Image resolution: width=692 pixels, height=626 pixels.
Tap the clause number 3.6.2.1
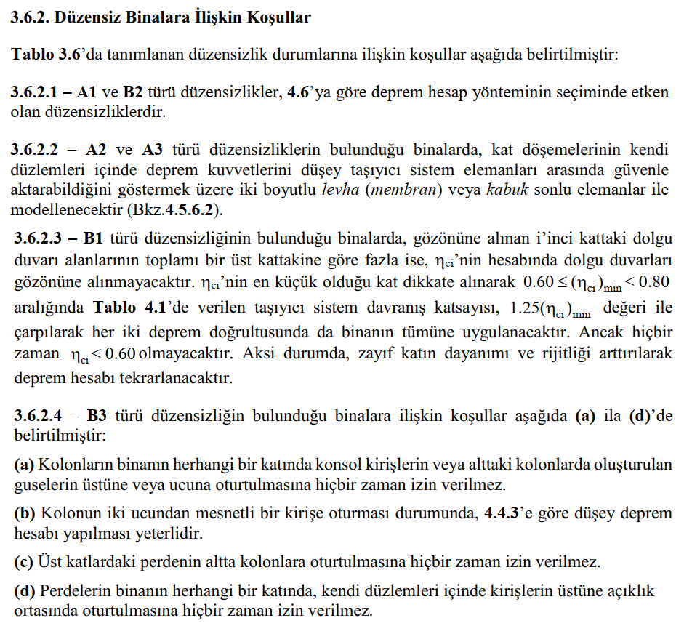40,93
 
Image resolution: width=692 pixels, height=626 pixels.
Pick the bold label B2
132,93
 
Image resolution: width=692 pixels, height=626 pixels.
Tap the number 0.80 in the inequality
652,281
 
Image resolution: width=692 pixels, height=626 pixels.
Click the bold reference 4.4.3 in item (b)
501,513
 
